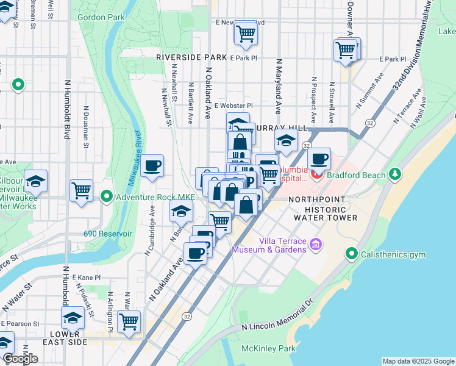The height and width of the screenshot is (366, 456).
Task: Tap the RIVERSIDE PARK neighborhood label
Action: point(191,57)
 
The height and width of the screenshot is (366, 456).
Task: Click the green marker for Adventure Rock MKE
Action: point(107,196)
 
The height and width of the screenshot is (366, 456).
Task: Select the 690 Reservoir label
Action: point(108,234)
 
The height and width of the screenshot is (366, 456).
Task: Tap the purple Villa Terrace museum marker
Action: point(316,245)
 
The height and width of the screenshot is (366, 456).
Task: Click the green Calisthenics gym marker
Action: point(352,253)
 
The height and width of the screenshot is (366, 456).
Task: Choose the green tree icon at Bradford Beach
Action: point(396,175)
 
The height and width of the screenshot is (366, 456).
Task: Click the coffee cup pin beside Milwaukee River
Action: point(152,165)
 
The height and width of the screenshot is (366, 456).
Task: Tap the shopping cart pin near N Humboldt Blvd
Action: point(81,190)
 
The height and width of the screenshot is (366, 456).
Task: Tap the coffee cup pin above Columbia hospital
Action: point(318,159)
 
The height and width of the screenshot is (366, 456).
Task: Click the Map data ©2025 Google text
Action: point(418,361)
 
